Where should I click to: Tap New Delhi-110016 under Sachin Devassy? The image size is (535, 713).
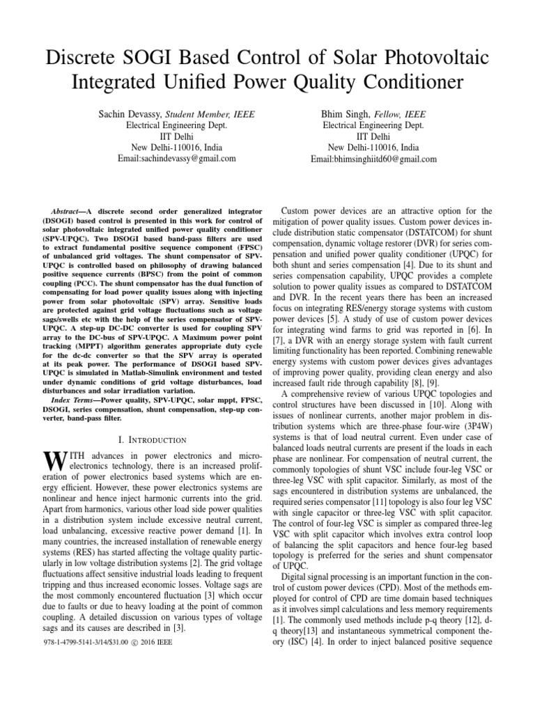coord(158,148)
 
